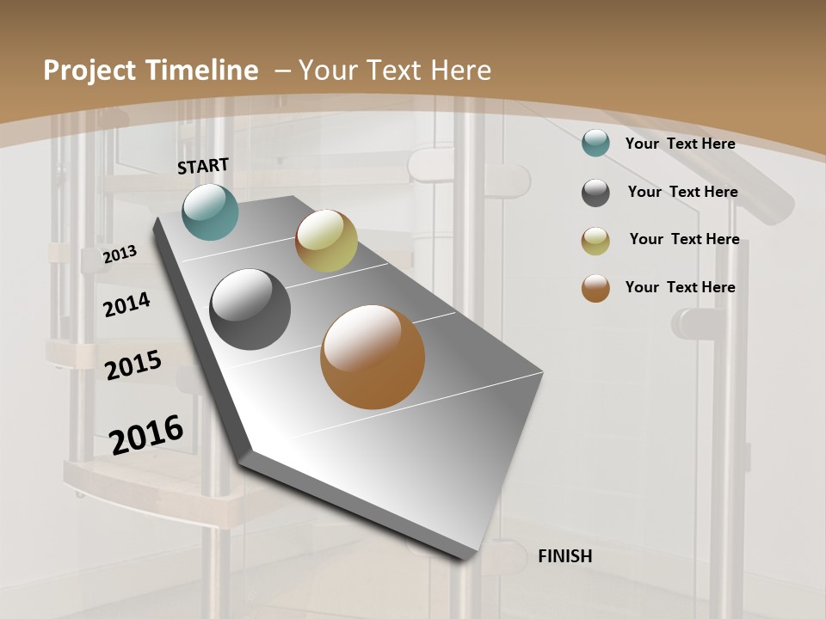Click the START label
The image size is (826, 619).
[203, 166]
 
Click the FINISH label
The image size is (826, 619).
[565, 556]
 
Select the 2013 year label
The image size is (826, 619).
[120, 254]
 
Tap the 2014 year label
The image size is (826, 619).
[126, 304]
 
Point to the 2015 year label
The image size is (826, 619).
[133, 365]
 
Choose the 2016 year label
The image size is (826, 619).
[146, 435]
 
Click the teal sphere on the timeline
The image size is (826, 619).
[210, 211]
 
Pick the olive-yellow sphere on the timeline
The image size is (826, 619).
[326, 241]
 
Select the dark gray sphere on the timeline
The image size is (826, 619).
[250, 309]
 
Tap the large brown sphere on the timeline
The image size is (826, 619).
[373, 357]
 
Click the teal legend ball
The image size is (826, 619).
[595, 144]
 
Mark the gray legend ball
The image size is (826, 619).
[595, 193]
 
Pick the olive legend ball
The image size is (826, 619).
[595, 240]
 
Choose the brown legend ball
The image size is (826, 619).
[595, 288]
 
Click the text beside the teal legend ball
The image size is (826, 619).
[680, 144]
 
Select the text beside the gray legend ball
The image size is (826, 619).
[682, 192]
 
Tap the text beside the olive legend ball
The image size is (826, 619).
[684, 239]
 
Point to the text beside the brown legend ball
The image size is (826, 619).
[680, 287]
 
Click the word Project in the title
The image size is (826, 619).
[87, 70]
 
